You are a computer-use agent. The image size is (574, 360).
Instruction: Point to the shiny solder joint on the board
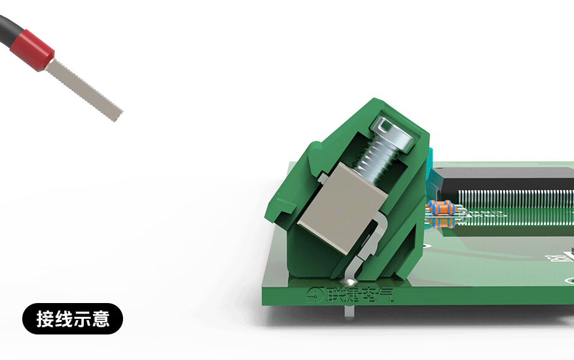(354, 282)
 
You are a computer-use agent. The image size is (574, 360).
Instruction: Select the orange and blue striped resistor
(442, 208)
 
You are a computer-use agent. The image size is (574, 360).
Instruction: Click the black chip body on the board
(511, 177)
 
